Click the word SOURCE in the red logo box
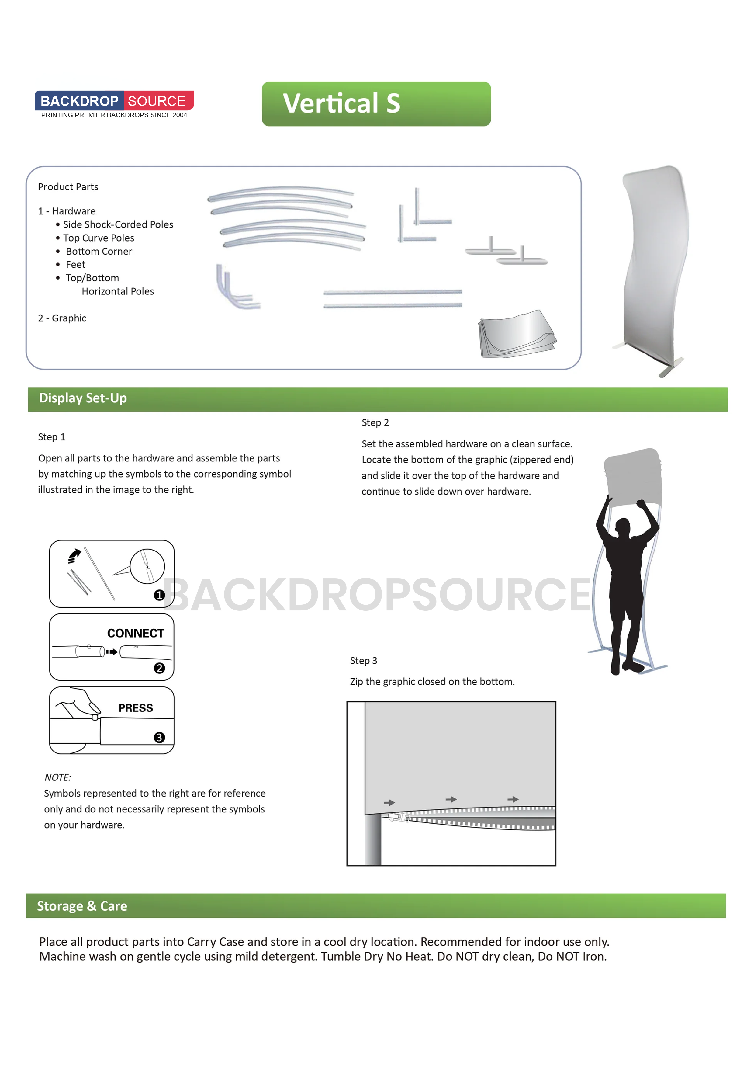tap(157, 101)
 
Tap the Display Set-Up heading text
tap(83, 398)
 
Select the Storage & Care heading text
tap(82, 906)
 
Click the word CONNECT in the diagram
tap(136, 633)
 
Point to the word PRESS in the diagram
tap(136, 708)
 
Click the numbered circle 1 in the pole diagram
tap(159, 595)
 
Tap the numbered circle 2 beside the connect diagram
tap(159, 668)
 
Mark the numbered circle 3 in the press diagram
tap(159, 738)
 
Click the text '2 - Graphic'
tap(62, 318)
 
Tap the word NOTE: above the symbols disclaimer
tap(57, 777)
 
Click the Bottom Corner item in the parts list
tap(99, 252)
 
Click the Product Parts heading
tap(68, 187)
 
